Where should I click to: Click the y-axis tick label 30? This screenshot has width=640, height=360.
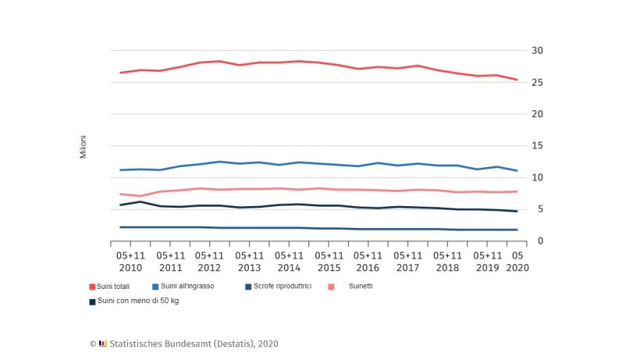[x=538, y=51]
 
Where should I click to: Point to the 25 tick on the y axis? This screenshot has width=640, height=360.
[x=538, y=82]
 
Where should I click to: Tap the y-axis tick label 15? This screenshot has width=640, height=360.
[x=538, y=146]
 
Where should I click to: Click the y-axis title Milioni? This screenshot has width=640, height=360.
[x=84, y=147]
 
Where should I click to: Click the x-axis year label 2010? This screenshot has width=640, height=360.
[x=130, y=267]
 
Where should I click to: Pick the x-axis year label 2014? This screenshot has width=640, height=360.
[x=290, y=267]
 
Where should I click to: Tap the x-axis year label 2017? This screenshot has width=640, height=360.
[x=409, y=267]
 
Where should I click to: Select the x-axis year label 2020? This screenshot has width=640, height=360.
[x=517, y=267]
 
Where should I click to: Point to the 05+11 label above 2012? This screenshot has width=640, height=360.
[x=210, y=255]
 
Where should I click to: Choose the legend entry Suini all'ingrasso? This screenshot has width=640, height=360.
[x=194, y=287]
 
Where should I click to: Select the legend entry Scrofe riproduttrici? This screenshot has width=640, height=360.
[x=278, y=287]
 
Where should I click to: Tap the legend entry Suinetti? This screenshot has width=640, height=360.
[x=361, y=287]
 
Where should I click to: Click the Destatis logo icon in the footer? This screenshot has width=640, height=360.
[x=103, y=344]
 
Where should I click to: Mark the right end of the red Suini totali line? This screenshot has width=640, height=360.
[x=517, y=80]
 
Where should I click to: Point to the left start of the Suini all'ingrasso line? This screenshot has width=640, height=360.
[x=120, y=169]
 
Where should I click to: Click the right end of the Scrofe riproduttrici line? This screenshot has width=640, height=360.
[x=517, y=230]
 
